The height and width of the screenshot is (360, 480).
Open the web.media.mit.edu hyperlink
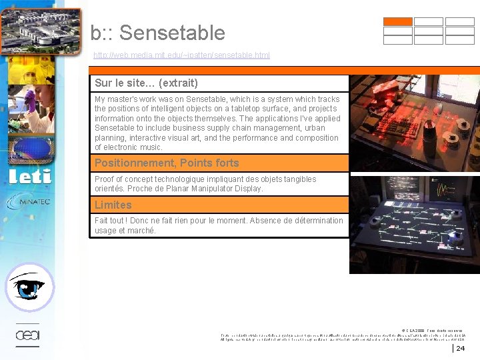[x=181, y=55]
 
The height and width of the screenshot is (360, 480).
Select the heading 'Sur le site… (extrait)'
[x=146, y=83]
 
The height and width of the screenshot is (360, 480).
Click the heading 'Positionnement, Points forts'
[x=167, y=163]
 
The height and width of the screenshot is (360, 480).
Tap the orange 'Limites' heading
[x=113, y=205]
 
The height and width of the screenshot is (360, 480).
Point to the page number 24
[x=461, y=348]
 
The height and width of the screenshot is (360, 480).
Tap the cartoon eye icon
[x=29, y=287]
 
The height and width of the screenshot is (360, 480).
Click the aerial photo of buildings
[x=40, y=28]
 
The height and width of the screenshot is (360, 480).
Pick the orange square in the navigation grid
[x=397, y=21]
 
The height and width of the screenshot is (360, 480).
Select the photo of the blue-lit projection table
[x=415, y=224]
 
